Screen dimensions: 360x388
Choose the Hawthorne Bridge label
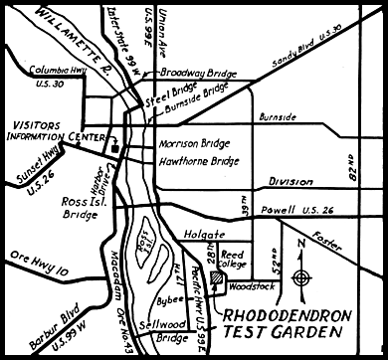tap(199, 160)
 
